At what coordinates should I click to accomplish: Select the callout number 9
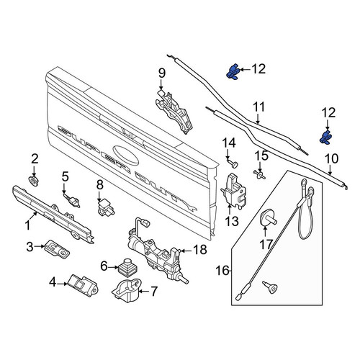pyautogui.click(x=162, y=73)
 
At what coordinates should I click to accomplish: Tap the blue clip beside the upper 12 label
pyautogui.click(x=233, y=71)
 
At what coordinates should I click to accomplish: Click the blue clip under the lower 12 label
pyautogui.click(x=327, y=138)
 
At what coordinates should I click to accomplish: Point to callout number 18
pyautogui.click(x=200, y=250)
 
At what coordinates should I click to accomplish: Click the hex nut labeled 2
pyautogui.click(x=33, y=181)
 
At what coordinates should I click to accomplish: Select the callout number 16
pyautogui.click(x=222, y=271)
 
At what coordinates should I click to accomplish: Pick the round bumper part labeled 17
pyautogui.click(x=268, y=217)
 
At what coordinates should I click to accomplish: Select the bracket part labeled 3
pyautogui.click(x=57, y=248)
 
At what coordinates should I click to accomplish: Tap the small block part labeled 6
pyautogui.click(x=126, y=267)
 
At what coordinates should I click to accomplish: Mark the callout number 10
pyautogui.click(x=331, y=159)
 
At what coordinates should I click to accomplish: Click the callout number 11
pyautogui.click(x=258, y=107)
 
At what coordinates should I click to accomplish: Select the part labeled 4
pyautogui.click(x=83, y=286)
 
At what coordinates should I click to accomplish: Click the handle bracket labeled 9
pyautogui.click(x=174, y=111)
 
